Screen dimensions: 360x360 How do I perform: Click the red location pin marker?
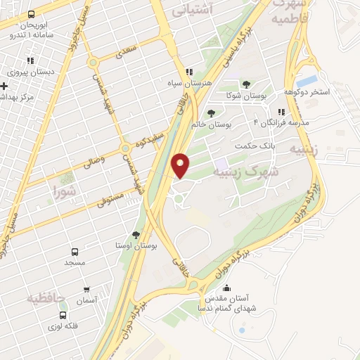coord(181,164)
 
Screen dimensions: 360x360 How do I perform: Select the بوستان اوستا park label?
coord(136,246)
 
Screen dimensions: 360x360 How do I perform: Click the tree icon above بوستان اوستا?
coord(136,235)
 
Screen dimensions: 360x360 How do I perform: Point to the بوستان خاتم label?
coord(210,124)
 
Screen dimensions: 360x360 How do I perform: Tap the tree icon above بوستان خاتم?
coord(210,112)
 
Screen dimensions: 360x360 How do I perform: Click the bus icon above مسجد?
coord(75,251)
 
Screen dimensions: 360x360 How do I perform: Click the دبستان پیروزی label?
coord(30,72)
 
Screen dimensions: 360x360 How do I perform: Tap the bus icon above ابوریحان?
coord(30,15)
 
